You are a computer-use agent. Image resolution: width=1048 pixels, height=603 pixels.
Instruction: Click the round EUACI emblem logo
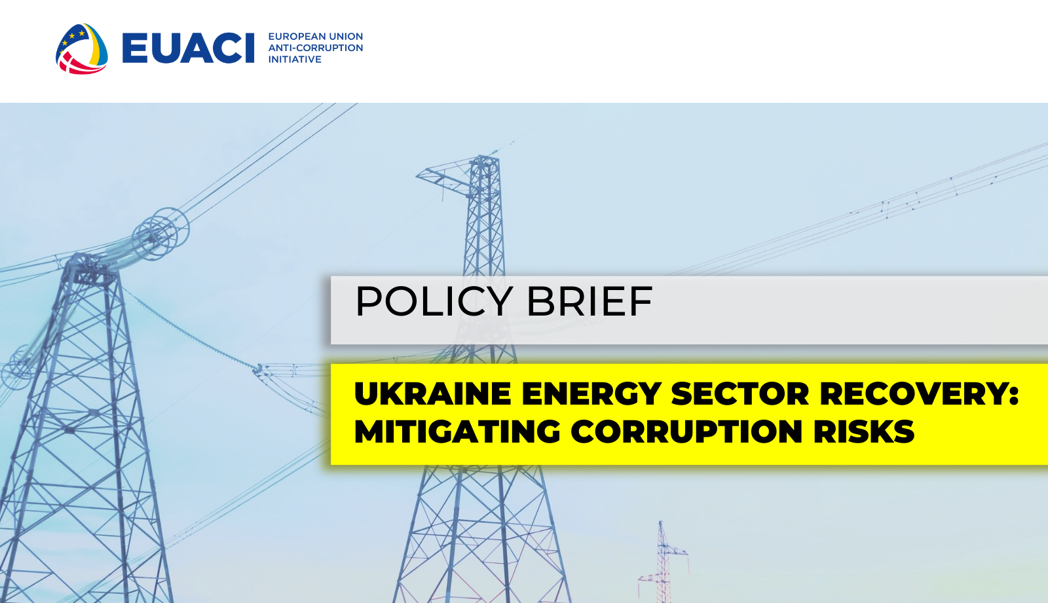click(82, 48)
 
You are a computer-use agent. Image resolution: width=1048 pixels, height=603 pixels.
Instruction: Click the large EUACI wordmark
click(188, 48)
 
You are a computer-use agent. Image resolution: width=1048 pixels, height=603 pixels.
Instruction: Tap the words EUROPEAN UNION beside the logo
click(315, 37)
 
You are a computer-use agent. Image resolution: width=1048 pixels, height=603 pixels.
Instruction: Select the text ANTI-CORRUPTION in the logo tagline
click(315, 48)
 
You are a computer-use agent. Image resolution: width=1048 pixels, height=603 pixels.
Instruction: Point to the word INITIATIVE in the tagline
click(295, 60)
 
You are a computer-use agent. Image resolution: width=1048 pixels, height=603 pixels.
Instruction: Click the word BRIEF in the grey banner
click(589, 302)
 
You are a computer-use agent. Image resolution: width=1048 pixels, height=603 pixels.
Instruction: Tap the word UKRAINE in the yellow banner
click(432, 394)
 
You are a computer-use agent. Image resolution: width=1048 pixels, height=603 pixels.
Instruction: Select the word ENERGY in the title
click(591, 394)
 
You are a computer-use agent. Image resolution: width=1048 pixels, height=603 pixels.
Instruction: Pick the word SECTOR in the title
click(740, 394)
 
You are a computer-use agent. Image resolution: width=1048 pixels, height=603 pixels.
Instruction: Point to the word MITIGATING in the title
click(457, 432)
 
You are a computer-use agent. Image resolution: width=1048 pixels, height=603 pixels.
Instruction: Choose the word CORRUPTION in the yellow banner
click(687, 432)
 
